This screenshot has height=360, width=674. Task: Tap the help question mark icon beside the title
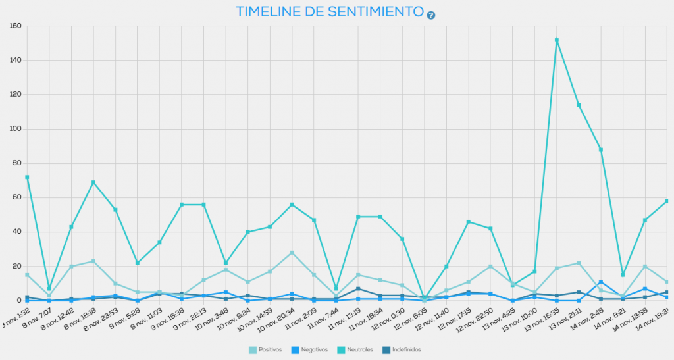[x=431, y=15]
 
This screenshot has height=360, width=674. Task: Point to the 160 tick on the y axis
[x=14, y=26]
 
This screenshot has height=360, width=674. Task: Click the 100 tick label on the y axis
[x=14, y=129]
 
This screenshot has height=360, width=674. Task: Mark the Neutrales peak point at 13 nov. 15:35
[x=557, y=40]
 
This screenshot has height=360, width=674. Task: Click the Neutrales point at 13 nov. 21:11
[x=579, y=105]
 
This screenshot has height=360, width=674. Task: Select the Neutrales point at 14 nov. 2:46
[x=601, y=150]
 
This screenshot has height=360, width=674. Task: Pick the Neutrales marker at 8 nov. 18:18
[x=93, y=182]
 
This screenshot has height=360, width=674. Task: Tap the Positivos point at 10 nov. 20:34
[x=292, y=253]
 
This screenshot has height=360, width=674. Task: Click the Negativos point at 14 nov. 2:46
[x=601, y=282]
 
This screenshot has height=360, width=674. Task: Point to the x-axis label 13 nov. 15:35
[x=544, y=321]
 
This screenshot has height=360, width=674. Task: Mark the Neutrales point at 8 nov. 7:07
[x=49, y=288]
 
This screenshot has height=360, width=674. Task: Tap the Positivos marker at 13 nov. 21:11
[x=579, y=263]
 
